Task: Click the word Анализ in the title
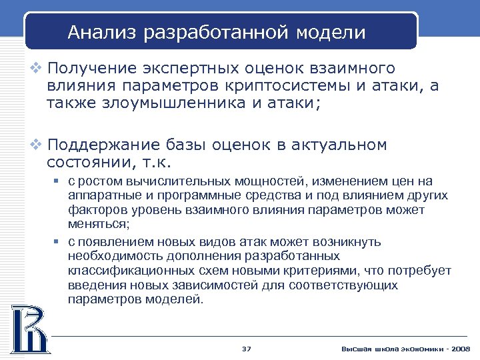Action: tap(97, 33)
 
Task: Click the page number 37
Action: tap(247, 349)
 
